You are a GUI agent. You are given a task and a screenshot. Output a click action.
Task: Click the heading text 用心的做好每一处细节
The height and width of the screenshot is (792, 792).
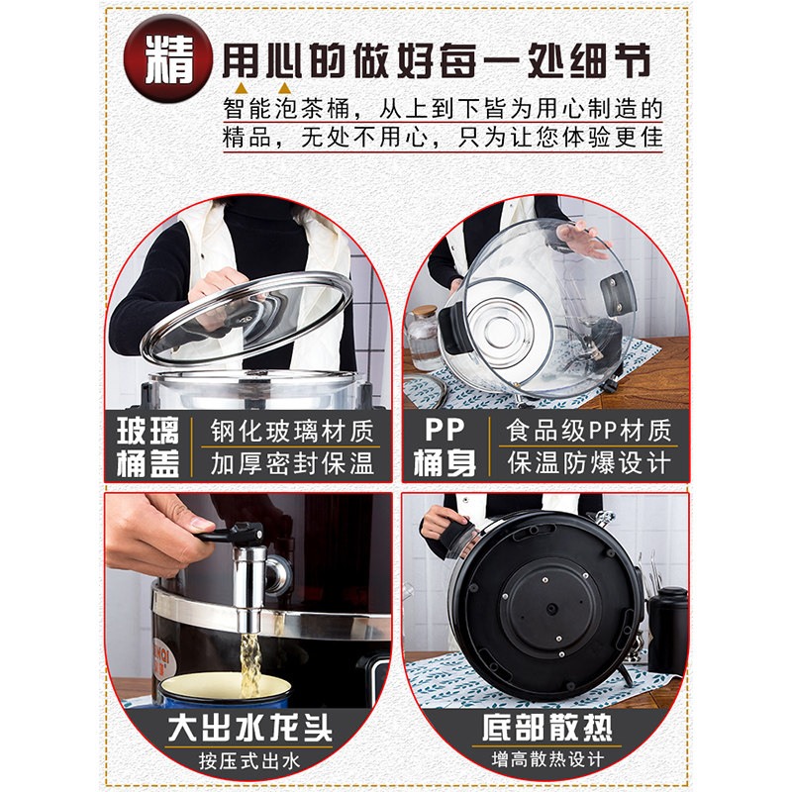pos(435,61)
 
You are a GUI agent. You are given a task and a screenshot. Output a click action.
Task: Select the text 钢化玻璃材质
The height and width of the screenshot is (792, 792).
pos(292,431)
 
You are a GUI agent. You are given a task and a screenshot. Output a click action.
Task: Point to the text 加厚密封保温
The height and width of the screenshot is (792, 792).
pos(292,462)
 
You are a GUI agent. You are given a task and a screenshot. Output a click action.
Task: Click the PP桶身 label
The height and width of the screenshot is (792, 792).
pos(443,446)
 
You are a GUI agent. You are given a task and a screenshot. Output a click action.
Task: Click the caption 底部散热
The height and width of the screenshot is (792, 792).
pos(543,730)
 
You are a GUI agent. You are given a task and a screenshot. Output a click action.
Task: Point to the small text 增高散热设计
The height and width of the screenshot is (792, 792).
pos(543,763)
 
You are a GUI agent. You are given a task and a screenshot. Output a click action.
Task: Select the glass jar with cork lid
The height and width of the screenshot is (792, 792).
pos(423,337)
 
